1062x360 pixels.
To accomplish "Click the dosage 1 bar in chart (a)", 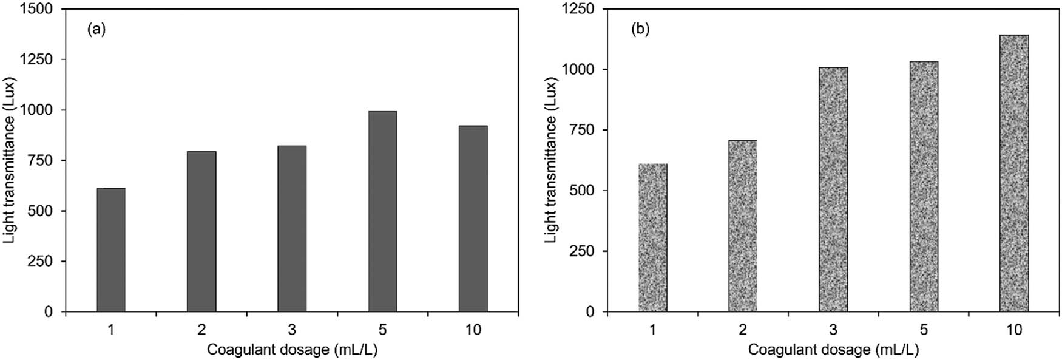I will tap(111, 250).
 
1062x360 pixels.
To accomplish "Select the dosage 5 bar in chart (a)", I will tap(382, 211).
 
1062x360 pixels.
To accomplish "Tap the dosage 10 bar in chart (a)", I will tap(473, 219).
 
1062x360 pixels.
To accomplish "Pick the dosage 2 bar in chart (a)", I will tap(201, 231).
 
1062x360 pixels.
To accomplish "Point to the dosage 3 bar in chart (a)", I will tap(292, 228).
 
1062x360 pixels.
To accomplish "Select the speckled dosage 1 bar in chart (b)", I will tap(653, 238).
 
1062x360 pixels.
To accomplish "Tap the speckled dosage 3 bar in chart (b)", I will tap(833, 189).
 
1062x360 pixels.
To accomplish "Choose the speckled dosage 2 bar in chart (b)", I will tap(743, 226).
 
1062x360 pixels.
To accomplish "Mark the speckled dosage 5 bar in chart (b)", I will tap(924, 186).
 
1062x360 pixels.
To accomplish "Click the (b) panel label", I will tap(640, 29).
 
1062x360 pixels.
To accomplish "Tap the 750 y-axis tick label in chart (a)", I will tap(44, 161).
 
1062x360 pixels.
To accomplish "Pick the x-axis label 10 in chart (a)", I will tap(473, 330).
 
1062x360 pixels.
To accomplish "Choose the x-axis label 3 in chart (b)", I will tap(833, 330).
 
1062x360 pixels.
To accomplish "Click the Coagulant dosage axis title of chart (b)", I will tap(833, 350).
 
